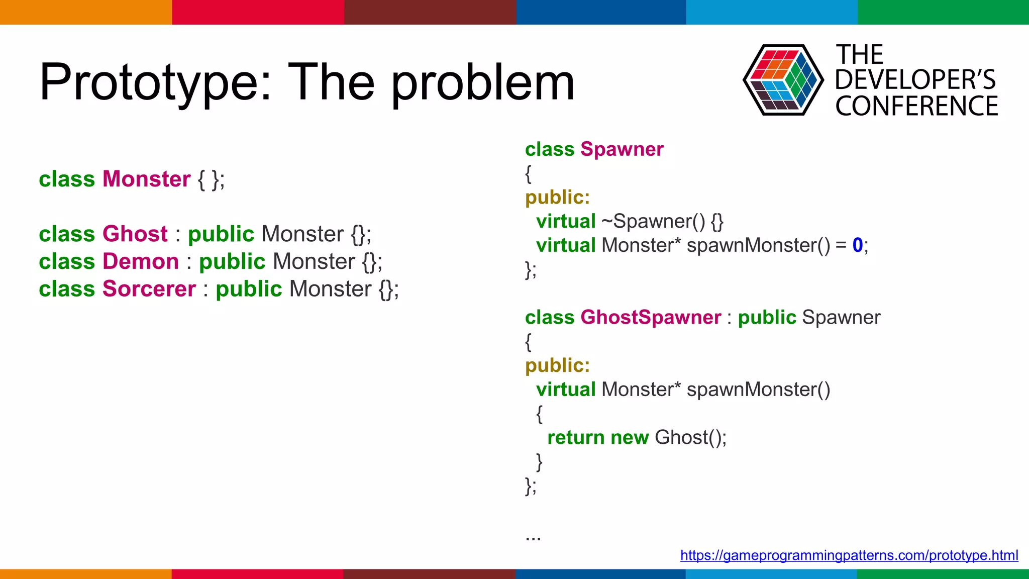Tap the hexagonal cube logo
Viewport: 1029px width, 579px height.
(783, 80)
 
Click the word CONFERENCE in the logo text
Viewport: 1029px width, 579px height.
(916, 106)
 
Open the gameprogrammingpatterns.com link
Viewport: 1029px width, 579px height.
(849, 555)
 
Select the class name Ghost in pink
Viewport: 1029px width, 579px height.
(135, 234)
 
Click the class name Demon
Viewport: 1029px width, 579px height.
(141, 262)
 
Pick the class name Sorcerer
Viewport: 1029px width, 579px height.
(149, 289)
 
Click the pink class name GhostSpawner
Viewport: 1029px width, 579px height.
(651, 318)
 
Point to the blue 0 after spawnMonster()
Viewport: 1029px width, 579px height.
(857, 245)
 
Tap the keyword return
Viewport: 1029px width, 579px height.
(576, 438)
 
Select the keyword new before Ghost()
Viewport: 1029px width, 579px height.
(630, 438)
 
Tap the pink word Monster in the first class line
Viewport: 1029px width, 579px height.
(146, 179)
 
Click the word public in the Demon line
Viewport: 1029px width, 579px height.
(232, 262)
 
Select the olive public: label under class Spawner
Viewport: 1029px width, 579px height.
(557, 198)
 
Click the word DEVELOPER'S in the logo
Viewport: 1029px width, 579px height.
(915, 80)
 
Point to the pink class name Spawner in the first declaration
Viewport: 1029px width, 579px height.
(622, 149)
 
